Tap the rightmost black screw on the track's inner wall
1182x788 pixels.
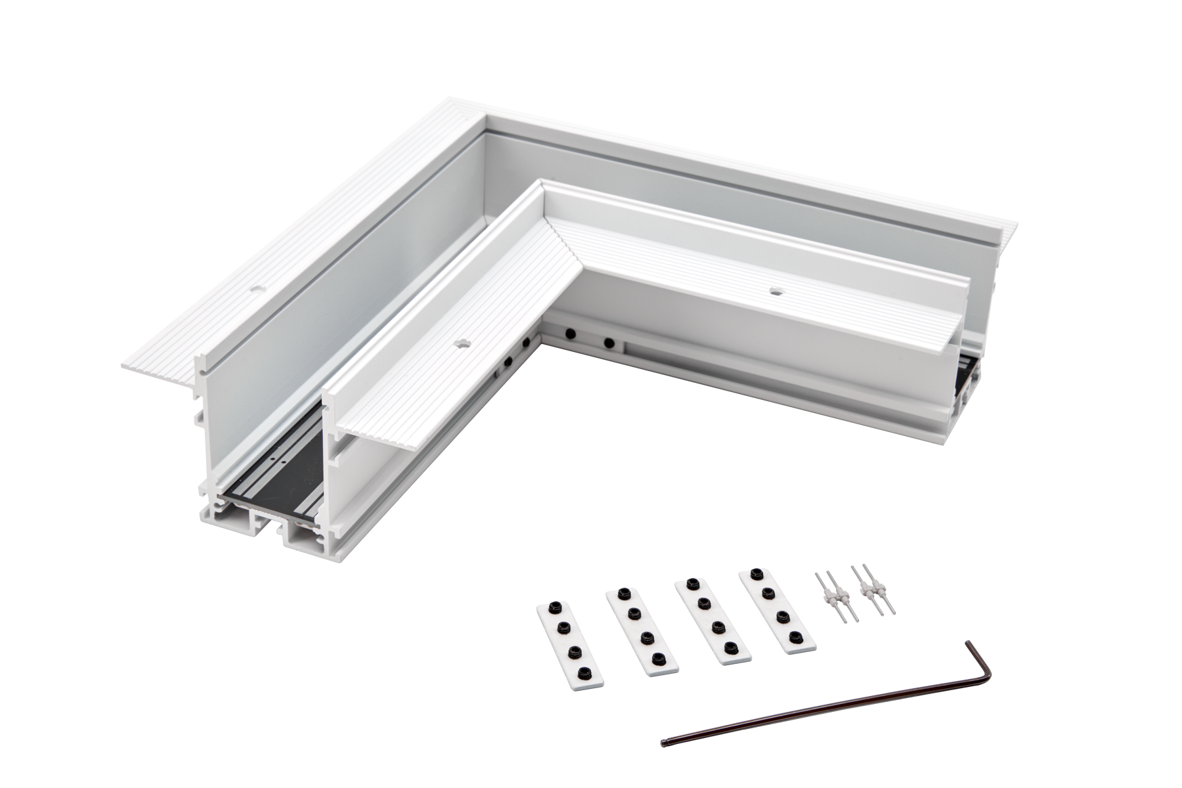pos(610,342)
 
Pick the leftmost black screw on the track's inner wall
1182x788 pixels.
pos(498,376)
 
